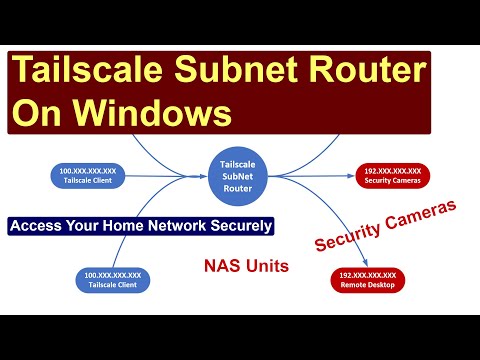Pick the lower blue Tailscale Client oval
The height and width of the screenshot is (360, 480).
tap(112, 280)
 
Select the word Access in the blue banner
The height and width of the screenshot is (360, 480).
tap(40, 226)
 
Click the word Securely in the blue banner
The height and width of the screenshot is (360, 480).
tap(239, 226)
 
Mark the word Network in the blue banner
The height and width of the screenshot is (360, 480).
tap(175, 226)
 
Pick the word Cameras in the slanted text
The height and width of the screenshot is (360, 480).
tap(419, 218)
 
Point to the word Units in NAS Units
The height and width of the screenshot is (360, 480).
tap(259, 267)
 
